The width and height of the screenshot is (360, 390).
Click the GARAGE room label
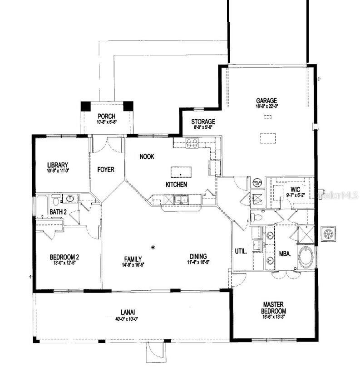coord(266,101)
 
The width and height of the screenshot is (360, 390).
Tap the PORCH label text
coord(106,117)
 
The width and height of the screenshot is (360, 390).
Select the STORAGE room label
coord(203,122)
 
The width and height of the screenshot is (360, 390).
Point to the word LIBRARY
coord(58,165)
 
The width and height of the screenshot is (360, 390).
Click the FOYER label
coord(106,170)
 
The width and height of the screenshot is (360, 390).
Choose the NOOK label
coord(147,156)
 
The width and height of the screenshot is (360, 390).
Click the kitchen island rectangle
coord(181,172)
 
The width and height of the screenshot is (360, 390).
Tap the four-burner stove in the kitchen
coord(192,143)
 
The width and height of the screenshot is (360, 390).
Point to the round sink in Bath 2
coord(70,198)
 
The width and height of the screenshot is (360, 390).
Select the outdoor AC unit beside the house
coord(328,234)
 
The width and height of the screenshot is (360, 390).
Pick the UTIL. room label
coord(241,251)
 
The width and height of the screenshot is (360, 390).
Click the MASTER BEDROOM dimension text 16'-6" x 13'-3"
coord(273,318)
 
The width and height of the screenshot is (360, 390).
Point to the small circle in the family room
coord(153,247)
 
